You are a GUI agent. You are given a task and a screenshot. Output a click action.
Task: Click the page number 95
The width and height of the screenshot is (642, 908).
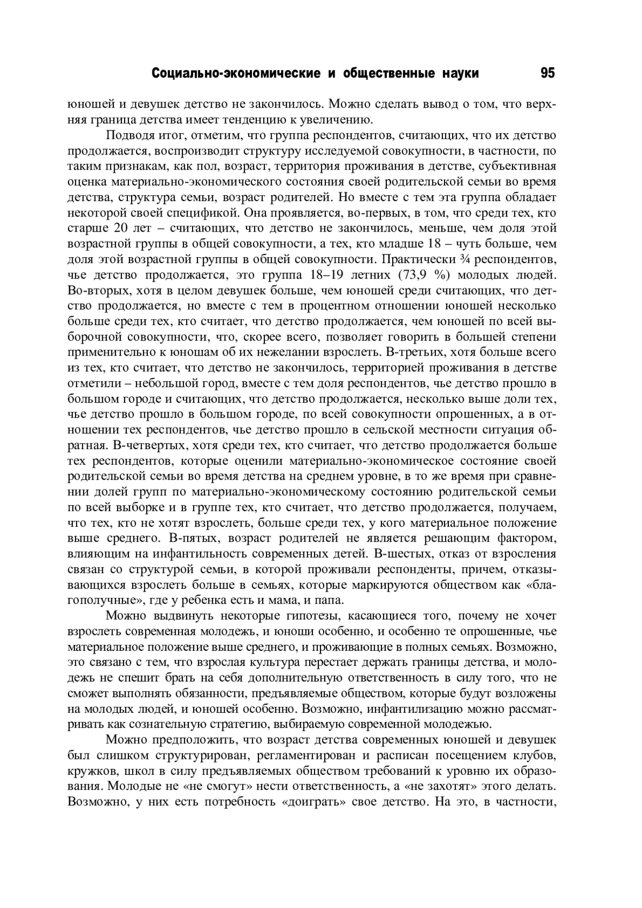548,73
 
